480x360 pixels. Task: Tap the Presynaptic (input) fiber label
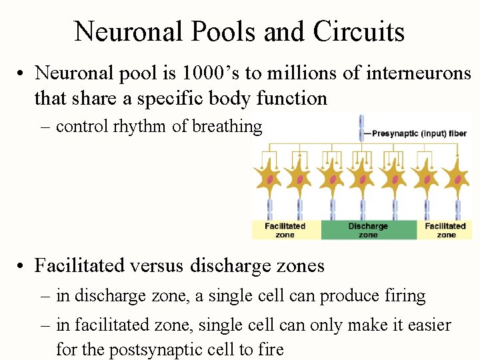(x=419, y=133)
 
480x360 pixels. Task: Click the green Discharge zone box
(x=368, y=230)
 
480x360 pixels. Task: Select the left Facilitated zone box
(x=285, y=230)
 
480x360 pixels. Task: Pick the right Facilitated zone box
(x=446, y=230)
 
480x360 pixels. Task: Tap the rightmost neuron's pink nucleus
(x=458, y=179)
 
